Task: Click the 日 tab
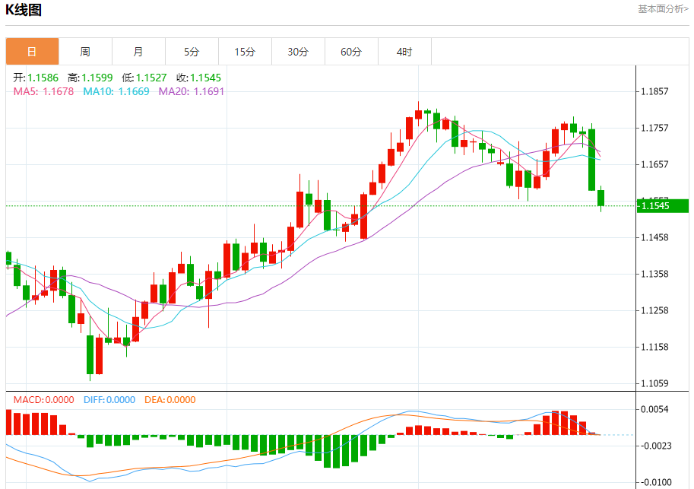coord(32,52)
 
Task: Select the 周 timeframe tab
coord(85,52)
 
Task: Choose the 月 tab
coord(138,52)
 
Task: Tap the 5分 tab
coord(192,52)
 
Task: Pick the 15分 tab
coord(245,52)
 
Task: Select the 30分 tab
coord(298,52)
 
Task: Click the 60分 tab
coord(351,52)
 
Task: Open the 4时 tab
coord(404,52)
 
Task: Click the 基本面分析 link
coord(663,9)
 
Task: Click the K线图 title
coord(24,10)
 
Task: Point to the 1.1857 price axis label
coord(654,91)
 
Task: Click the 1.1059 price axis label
coord(654,383)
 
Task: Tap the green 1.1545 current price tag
coord(662,205)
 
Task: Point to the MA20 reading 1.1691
coord(192,91)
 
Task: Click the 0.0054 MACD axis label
coord(654,409)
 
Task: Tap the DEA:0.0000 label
coord(169,399)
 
